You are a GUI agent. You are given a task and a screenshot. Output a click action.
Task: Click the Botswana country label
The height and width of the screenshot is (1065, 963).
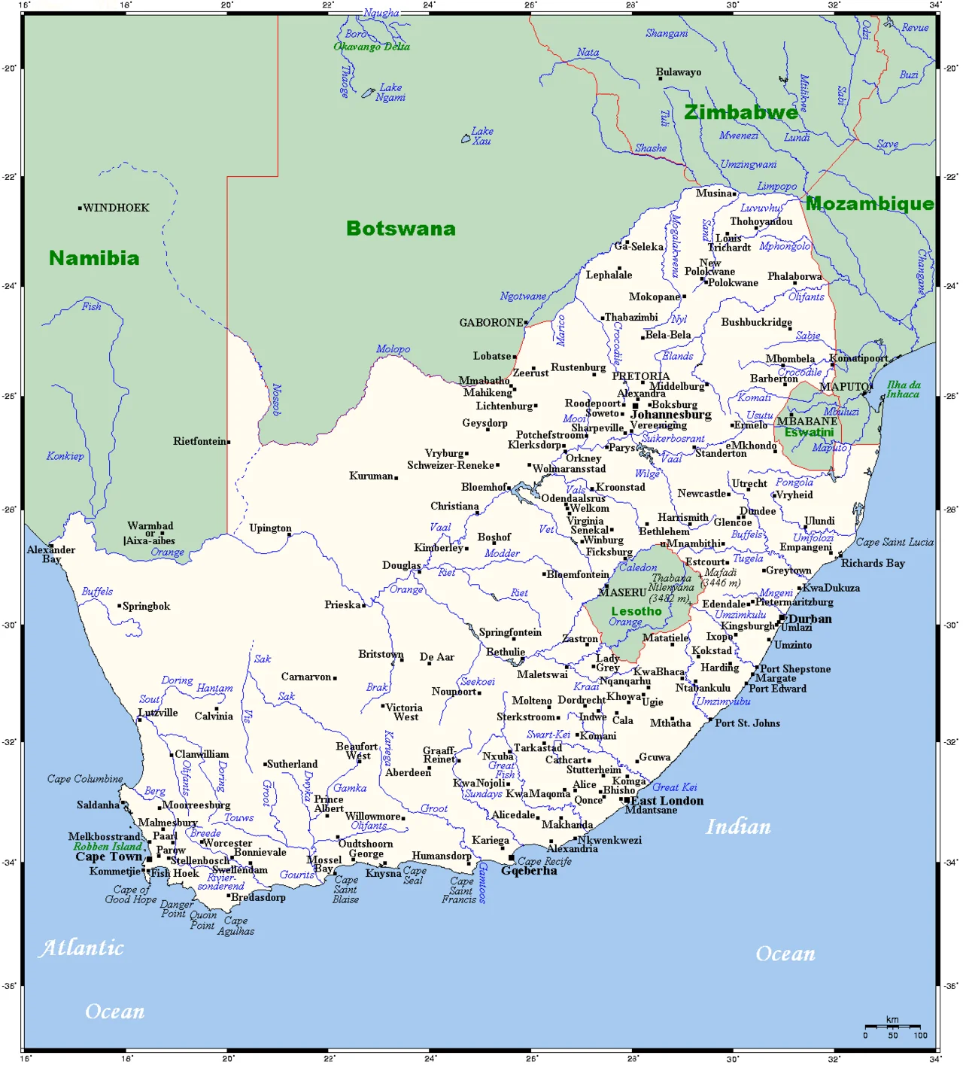[x=400, y=229]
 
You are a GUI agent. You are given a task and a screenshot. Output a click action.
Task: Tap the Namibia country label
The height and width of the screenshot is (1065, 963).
[x=94, y=258]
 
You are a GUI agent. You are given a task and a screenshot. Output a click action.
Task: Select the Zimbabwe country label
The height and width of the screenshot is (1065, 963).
[x=740, y=113]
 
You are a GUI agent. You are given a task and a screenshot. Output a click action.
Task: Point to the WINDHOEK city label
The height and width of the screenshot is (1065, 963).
[x=116, y=208]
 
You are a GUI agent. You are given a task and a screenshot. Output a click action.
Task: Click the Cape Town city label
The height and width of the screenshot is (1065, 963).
[x=108, y=857]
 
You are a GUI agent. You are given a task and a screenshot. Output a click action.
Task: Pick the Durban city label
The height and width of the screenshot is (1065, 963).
[x=810, y=619]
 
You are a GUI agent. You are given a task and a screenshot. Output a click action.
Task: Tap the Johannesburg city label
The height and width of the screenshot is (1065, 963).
[x=670, y=415]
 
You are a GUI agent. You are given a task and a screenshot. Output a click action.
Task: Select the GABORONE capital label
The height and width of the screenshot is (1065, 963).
[x=491, y=322]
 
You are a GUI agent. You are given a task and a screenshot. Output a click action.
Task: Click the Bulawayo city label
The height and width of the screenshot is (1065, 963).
[x=678, y=72]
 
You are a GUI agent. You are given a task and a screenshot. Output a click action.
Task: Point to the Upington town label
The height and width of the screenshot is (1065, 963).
[x=270, y=528]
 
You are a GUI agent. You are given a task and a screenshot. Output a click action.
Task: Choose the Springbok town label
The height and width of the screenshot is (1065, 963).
[x=146, y=606]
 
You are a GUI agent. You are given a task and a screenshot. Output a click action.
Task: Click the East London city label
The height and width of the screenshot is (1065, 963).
[x=667, y=801]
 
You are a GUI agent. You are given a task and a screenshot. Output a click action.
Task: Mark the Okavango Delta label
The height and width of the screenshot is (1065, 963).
[x=372, y=47]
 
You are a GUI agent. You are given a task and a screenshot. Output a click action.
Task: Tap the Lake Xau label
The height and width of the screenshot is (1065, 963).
[x=481, y=135]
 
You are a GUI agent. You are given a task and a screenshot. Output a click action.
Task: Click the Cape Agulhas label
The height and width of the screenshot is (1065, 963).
[x=235, y=926]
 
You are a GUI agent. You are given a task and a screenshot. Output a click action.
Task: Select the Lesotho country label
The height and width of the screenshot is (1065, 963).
[x=636, y=611]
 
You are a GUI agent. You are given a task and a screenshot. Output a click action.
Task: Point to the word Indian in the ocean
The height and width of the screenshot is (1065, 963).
[x=737, y=827]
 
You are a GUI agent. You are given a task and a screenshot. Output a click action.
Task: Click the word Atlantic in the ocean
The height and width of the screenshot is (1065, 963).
[x=81, y=948]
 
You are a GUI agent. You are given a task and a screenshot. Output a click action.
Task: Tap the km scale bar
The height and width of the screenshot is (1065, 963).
[x=892, y=1026]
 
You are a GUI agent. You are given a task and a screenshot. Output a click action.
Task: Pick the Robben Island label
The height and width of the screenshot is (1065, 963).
[x=107, y=846]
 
